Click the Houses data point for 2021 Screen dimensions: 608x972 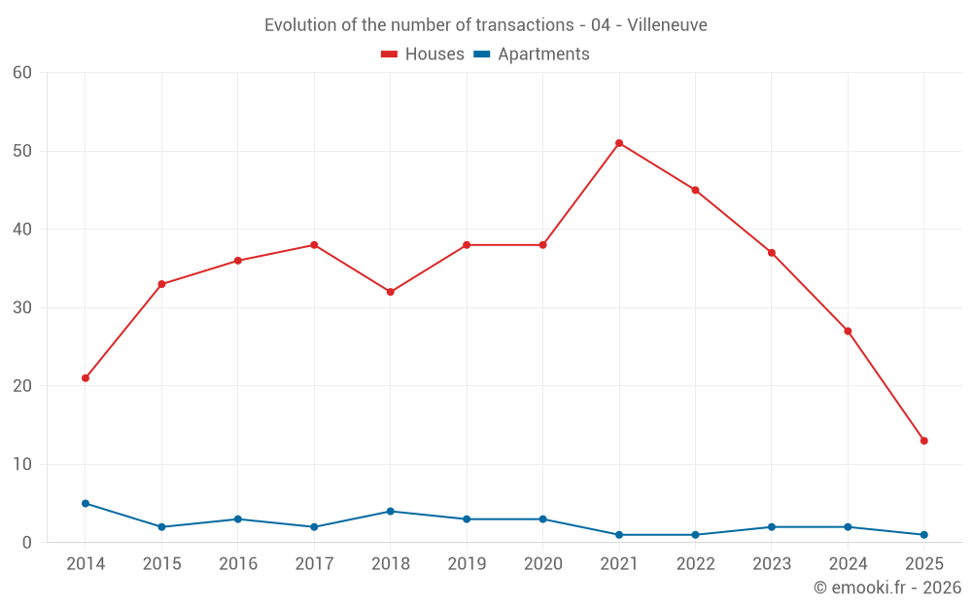click(619, 143)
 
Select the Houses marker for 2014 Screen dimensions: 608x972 click(86, 377)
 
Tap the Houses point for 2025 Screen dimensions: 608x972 click(923, 441)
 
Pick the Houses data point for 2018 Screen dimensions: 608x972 click(391, 292)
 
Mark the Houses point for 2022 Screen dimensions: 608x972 click(695, 190)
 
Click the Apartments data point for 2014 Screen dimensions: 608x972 click(86, 503)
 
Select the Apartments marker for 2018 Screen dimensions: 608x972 click(391, 511)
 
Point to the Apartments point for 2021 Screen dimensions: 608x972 click(619, 534)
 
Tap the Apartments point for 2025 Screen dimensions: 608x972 click(923, 534)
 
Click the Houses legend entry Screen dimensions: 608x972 click(423, 54)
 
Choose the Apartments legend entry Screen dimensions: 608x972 click(531, 54)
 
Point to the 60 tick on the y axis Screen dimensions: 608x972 click(22, 73)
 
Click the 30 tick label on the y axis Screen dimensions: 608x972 click(22, 307)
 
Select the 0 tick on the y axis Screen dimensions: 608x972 click(27, 543)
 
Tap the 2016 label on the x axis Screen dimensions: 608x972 click(238, 564)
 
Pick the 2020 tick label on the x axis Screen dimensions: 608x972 click(542, 564)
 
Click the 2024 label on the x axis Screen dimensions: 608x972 click(848, 564)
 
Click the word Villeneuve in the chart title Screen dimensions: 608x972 click(667, 24)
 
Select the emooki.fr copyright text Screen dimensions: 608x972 click(886, 588)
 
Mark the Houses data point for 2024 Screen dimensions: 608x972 click(848, 331)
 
